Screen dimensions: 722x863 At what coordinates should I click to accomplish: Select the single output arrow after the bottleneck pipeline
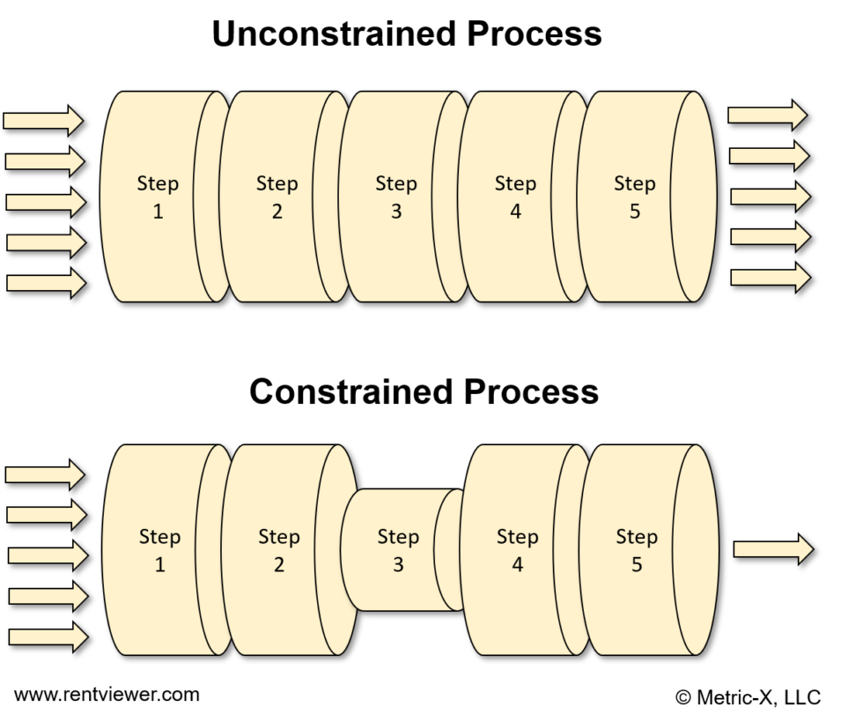click(772, 549)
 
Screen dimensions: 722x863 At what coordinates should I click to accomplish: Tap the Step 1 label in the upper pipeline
click(158, 197)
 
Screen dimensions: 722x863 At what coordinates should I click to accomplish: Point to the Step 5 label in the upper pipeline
click(634, 197)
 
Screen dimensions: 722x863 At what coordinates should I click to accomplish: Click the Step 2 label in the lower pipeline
click(278, 550)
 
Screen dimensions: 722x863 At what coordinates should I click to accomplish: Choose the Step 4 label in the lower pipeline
click(517, 550)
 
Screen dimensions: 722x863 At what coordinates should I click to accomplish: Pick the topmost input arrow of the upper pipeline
click(43, 120)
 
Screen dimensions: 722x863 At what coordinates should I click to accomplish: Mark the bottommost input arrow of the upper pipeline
click(46, 283)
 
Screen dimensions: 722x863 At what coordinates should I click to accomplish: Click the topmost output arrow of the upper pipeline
click(767, 115)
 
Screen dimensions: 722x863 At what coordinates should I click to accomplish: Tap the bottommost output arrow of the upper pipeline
click(770, 278)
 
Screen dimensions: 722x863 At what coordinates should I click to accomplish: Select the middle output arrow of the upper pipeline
click(769, 197)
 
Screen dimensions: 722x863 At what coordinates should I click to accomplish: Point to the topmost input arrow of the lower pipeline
click(45, 474)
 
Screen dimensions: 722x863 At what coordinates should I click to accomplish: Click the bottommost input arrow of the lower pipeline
click(48, 636)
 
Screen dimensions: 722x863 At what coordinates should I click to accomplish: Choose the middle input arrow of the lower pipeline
click(47, 555)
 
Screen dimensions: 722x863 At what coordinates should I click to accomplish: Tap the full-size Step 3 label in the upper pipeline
click(395, 197)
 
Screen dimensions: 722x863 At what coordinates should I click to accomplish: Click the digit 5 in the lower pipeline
click(637, 565)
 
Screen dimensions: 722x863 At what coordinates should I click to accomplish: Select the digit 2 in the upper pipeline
click(277, 212)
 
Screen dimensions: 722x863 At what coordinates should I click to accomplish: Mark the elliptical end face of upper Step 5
click(693, 197)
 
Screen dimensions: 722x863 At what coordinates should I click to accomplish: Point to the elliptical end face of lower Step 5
click(696, 550)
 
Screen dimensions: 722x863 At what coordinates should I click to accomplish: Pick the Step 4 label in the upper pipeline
click(515, 197)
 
